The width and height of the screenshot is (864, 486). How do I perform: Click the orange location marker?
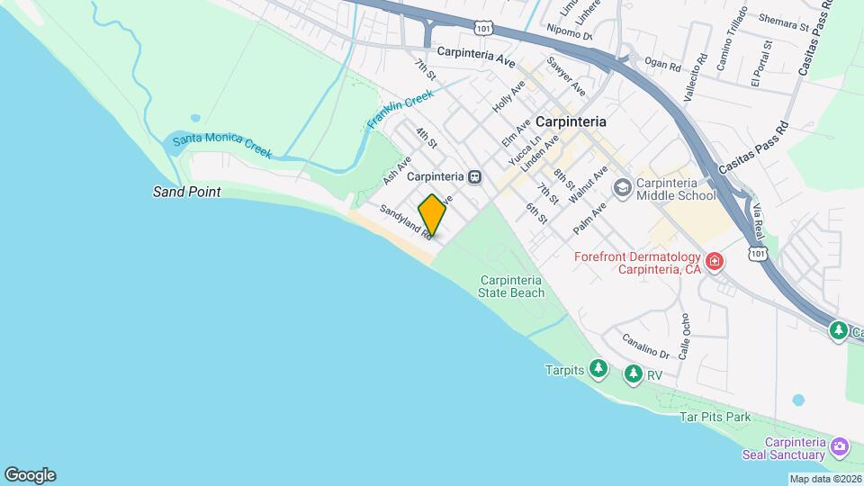tap(432, 215)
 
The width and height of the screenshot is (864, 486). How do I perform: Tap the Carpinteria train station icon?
tap(475, 176)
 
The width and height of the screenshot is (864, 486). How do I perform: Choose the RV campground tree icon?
tap(634, 373)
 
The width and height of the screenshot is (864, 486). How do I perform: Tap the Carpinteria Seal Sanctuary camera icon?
tap(840, 446)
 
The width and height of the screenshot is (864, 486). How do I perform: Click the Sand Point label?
tap(186, 193)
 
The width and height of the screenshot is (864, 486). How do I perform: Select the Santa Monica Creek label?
tap(221, 145)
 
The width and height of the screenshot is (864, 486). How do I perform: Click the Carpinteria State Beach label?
tap(511, 286)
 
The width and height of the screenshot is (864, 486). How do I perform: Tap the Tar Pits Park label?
tap(715, 418)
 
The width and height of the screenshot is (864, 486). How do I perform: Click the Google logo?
tap(30, 474)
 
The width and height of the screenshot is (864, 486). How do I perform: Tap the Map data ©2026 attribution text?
tap(824, 479)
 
